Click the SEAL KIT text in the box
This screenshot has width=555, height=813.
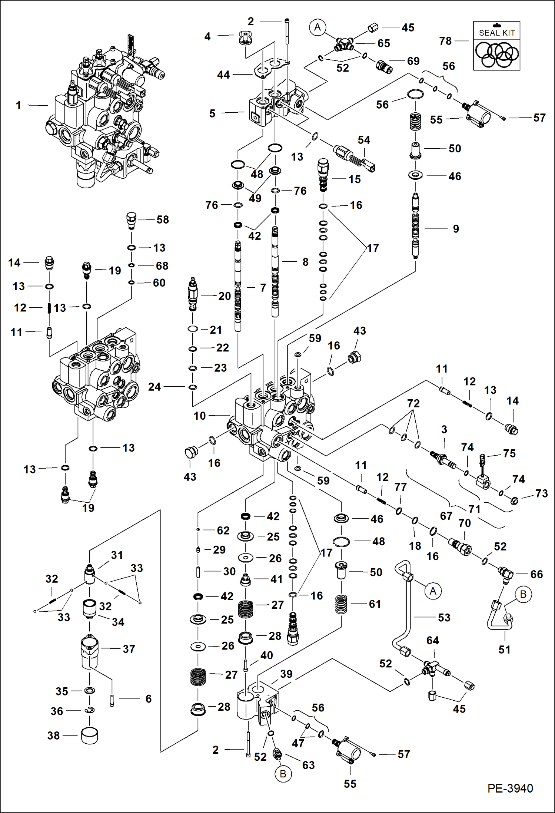click(x=497, y=33)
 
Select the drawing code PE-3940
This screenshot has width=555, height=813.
click(x=510, y=788)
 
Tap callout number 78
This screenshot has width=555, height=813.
click(x=445, y=41)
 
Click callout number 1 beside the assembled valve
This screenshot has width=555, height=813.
click(x=19, y=105)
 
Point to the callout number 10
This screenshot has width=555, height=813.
click(x=199, y=416)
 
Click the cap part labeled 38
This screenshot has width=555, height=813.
click(x=89, y=735)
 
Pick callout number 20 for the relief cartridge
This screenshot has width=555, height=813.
click(x=225, y=296)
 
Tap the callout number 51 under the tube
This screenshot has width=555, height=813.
click(x=504, y=650)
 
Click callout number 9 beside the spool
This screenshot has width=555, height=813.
click(x=456, y=229)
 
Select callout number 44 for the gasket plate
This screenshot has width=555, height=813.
click(x=223, y=75)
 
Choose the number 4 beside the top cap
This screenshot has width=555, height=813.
click(x=207, y=36)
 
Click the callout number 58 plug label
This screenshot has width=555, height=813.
click(x=163, y=219)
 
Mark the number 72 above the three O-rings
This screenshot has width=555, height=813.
click(x=413, y=403)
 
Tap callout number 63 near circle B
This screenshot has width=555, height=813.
click(x=308, y=765)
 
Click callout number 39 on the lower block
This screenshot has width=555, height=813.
click(x=286, y=674)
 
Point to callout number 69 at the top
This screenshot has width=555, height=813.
click(x=413, y=61)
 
